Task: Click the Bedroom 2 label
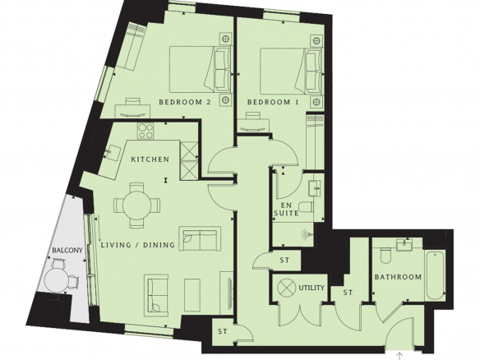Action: point(185,102)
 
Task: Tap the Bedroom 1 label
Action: point(273,102)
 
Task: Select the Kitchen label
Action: point(150,159)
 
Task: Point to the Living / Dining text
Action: point(138,245)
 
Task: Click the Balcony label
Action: point(67,250)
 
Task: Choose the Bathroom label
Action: point(398,277)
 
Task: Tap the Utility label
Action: point(312,288)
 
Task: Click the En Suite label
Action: point(286,209)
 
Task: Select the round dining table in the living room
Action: point(136,205)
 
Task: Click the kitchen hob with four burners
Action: point(145,131)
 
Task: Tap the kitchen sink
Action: point(113,152)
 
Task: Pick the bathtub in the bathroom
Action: point(435,275)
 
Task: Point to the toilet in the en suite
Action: point(306,207)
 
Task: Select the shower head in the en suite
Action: point(308,234)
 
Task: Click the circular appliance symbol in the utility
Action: point(287,288)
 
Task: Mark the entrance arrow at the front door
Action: point(399,356)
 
